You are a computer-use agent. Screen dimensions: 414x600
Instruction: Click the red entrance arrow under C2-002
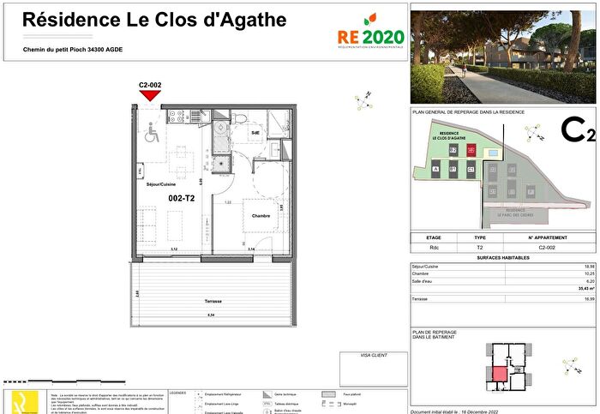(150, 95)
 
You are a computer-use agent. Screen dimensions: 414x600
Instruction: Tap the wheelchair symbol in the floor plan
(153, 133)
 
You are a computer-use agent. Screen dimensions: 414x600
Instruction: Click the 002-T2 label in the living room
(182, 198)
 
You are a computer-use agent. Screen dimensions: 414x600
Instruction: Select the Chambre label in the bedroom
(261, 216)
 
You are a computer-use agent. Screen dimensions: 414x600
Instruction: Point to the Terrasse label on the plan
(213, 302)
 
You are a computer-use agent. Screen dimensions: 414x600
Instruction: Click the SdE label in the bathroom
(255, 133)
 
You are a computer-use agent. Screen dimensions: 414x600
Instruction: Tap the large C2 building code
(577, 130)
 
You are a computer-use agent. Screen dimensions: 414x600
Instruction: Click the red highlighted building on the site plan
(471, 151)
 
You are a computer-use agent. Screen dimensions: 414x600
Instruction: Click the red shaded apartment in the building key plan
(497, 375)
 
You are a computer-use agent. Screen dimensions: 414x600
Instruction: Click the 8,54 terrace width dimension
(211, 315)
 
